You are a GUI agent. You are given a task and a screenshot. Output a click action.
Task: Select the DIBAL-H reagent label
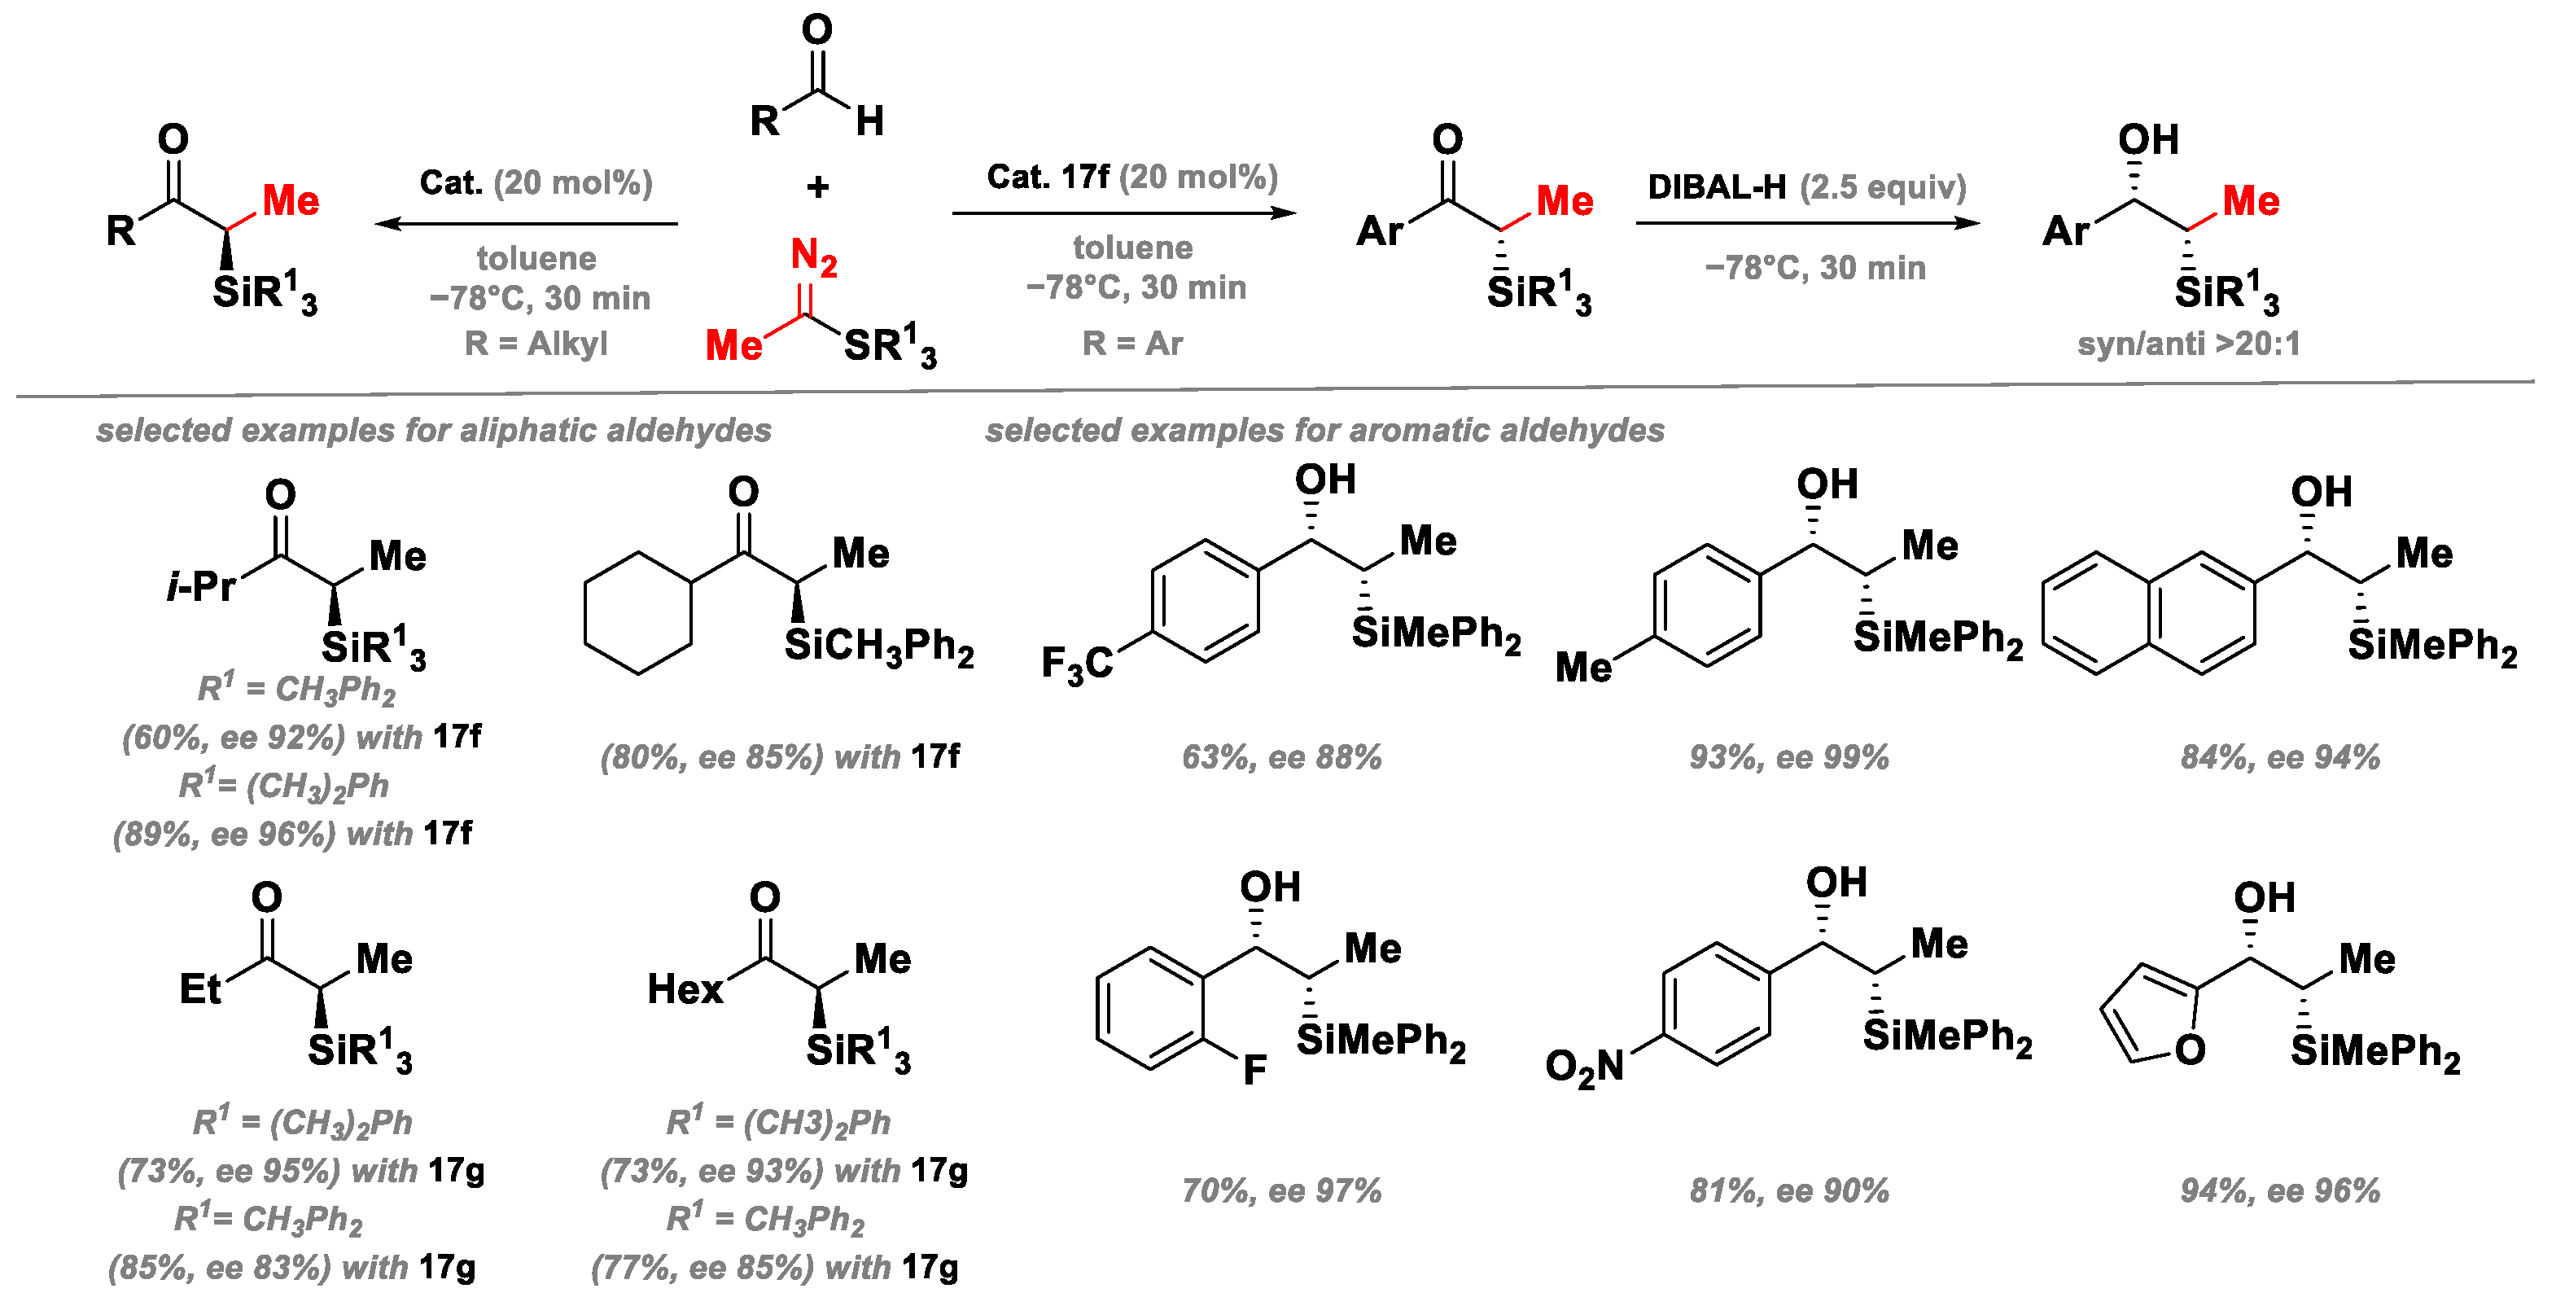pyautogui.click(x=1716, y=186)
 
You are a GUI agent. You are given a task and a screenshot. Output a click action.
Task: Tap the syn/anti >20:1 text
pyautogui.click(x=2188, y=344)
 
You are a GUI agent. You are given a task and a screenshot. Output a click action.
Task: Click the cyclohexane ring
pyautogui.click(x=638, y=613)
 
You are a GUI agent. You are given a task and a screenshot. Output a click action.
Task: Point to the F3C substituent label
pyautogui.click(x=1077, y=664)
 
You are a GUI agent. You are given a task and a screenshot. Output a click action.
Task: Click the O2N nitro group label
pyautogui.click(x=1585, y=1067)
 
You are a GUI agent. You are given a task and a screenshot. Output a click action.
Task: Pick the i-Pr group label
pyautogui.click(x=201, y=586)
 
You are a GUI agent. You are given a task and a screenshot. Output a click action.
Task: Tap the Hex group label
pyautogui.click(x=685, y=988)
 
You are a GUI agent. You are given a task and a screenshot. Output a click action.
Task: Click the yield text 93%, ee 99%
pyautogui.click(x=1789, y=757)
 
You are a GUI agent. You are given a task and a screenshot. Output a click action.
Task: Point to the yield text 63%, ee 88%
pyautogui.click(x=1281, y=757)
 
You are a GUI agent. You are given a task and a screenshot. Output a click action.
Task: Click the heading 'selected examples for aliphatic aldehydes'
pyautogui.click(x=434, y=430)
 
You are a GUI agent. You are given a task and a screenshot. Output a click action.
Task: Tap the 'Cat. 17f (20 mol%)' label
pyautogui.click(x=1131, y=177)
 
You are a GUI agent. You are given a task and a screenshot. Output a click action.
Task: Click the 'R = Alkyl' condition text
pyautogui.click(x=536, y=344)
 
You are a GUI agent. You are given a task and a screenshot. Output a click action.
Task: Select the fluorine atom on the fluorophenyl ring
pyautogui.click(x=1254, y=1070)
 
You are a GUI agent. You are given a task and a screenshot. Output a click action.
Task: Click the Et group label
pyautogui.click(x=200, y=988)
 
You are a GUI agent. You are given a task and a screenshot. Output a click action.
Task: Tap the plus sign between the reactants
pyautogui.click(x=817, y=186)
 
